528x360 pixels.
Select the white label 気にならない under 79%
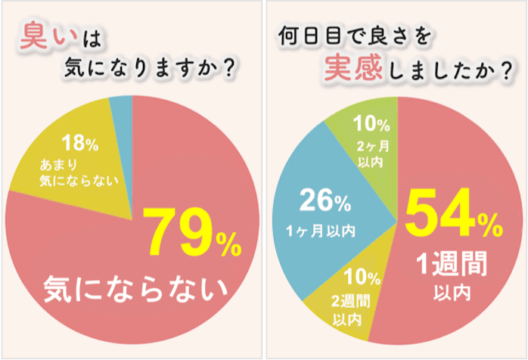click(x=137, y=288)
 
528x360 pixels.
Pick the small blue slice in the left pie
click(x=121, y=109)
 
